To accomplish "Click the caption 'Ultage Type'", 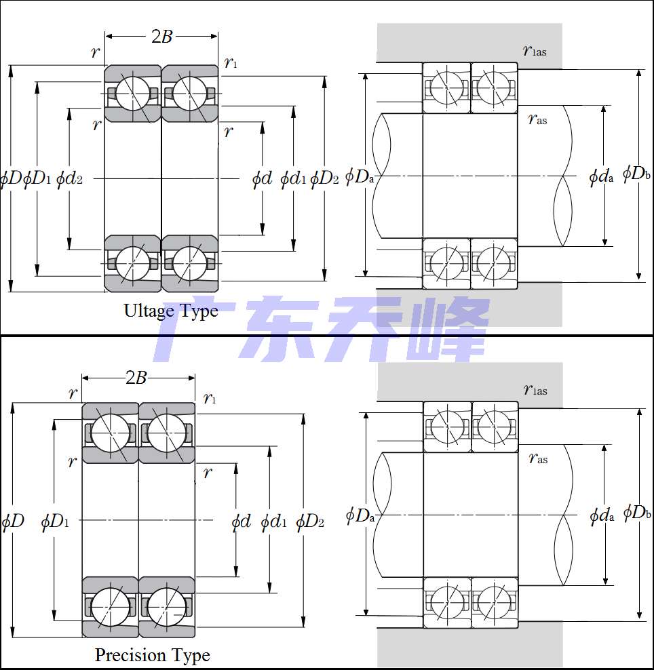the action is (171, 311).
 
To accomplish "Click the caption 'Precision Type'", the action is (153, 656).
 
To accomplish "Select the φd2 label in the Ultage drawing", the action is (69, 178).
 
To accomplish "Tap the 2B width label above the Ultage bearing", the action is (162, 37).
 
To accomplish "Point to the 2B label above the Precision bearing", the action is (136, 378).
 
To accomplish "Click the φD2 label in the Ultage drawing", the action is (324, 178).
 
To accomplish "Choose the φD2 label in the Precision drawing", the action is (310, 521).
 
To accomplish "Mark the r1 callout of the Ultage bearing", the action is (231, 63).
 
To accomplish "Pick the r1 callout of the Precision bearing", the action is (210, 398).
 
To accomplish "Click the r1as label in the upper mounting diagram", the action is (535, 50).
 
